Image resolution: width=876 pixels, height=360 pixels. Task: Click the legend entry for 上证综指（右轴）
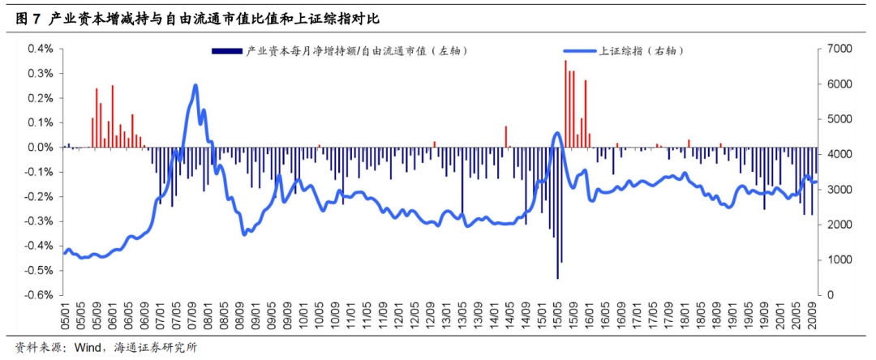[x=642, y=51]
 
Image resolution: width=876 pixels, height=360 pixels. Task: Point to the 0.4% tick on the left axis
[x=41, y=49]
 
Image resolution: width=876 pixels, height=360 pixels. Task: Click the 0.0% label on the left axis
[x=41, y=148]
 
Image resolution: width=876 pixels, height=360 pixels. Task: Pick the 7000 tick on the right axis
[x=836, y=49]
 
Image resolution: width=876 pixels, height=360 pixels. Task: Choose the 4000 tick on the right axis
[x=836, y=154]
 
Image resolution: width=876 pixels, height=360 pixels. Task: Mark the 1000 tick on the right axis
[x=836, y=260]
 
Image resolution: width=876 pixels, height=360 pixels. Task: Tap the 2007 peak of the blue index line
[x=195, y=85]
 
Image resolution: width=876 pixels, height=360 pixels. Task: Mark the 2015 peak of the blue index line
[x=556, y=134]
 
